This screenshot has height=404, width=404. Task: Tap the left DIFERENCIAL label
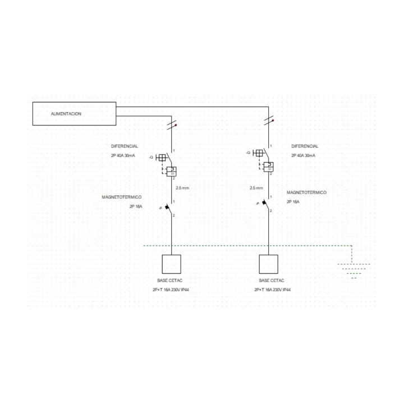tap(125, 146)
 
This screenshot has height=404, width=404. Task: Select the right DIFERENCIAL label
tap(305, 146)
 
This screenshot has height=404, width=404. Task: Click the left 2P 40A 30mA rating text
tap(123, 155)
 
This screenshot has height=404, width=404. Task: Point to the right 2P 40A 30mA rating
tap(303, 155)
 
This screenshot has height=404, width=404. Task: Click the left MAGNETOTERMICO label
tap(122, 197)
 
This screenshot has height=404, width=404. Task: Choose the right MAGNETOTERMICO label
tap(306, 192)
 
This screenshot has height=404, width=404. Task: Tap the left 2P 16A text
tap(136, 206)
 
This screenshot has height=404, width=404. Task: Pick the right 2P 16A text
tap(293, 202)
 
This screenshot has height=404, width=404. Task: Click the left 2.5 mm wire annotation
tap(182, 188)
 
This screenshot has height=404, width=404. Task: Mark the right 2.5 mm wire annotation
tap(256, 188)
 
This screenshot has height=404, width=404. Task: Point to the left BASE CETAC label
tap(170, 281)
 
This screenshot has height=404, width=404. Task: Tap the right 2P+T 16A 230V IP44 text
tap(273, 290)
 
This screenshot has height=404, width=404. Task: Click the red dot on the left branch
tap(176, 125)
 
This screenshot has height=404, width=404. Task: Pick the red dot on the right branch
tap(273, 120)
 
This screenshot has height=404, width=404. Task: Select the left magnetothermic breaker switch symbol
tap(168, 208)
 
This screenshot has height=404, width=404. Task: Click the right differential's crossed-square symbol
tap(259, 153)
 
